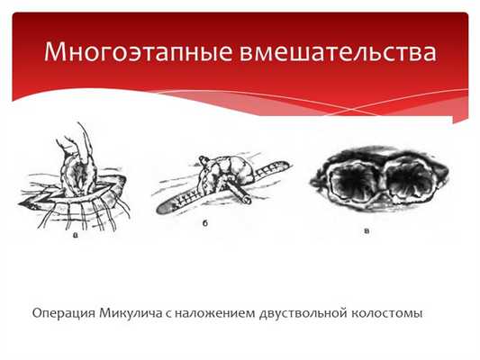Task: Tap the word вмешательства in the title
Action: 338,51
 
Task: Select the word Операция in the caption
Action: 63,314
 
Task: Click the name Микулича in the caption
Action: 131,314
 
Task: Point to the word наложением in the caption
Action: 215,314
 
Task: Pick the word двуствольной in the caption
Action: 303,314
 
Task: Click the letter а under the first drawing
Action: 76,235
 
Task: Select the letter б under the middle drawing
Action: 205,223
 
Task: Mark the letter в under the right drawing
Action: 367,230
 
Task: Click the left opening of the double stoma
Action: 355,181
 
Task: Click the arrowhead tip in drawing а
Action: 19,204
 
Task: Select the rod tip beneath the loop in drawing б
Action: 247,201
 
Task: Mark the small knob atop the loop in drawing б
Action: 204,159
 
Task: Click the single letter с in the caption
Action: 168,315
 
